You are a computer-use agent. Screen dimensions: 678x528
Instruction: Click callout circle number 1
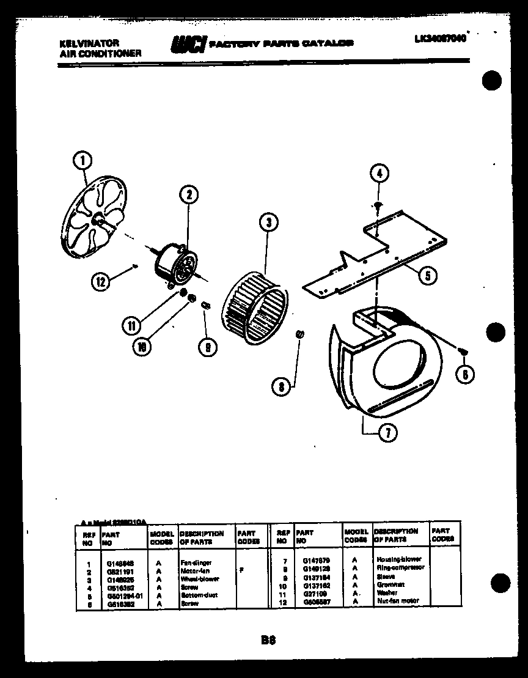pyautogui.click(x=82, y=161)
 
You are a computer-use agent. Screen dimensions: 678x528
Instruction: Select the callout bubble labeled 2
pyautogui.click(x=189, y=195)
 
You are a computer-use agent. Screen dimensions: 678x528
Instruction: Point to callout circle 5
pyautogui.click(x=427, y=276)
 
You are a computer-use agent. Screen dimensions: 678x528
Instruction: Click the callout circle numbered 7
pyautogui.click(x=387, y=433)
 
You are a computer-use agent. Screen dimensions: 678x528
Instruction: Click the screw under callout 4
pyautogui.click(x=378, y=205)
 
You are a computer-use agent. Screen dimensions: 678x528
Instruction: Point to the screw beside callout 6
pyautogui.click(x=463, y=350)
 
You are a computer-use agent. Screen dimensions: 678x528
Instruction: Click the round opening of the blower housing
pyautogui.click(x=397, y=373)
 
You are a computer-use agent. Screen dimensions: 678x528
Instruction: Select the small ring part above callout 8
pyautogui.click(x=299, y=334)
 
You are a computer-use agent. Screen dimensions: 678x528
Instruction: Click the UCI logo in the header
pyautogui.click(x=188, y=45)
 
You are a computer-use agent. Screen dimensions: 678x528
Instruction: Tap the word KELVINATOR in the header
pyautogui.click(x=89, y=43)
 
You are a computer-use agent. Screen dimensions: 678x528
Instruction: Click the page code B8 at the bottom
pyautogui.click(x=268, y=640)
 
